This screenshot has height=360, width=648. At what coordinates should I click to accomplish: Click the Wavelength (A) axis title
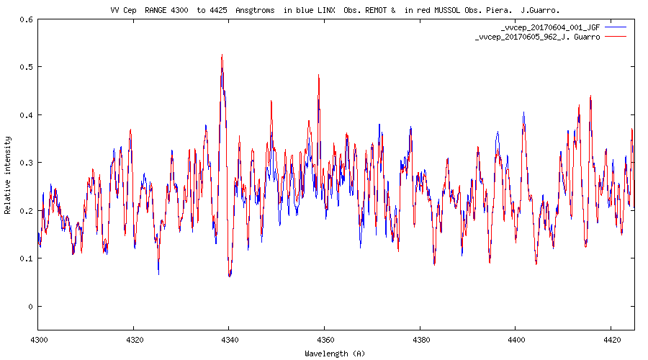pyautogui.click(x=335, y=353)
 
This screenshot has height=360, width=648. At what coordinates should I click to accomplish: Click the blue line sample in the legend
pyautogui.click(x=616, y=27)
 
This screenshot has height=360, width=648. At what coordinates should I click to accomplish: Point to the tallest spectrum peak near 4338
pyautogui.click(x=222, y=55)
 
